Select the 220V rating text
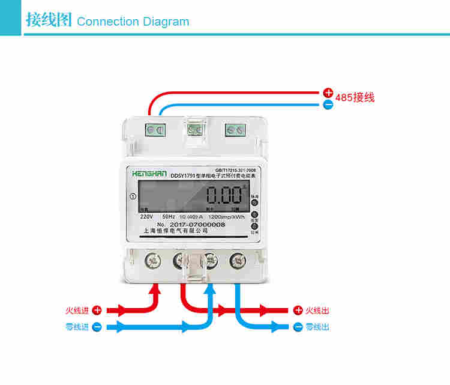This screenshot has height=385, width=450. (146, 216)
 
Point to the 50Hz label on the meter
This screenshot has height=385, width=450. (169, 216)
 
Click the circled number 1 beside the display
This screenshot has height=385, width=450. (132, 196)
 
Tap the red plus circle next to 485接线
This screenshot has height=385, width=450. (328, 93)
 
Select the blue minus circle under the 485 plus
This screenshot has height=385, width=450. (328, 105)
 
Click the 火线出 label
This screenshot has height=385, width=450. (317, 311)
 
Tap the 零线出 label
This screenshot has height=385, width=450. (317, 327)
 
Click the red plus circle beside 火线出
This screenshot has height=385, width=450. (298, 311)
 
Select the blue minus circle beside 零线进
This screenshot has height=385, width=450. (96, 327)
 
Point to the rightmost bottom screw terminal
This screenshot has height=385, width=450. (237, 260)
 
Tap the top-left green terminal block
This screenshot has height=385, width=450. (155, 129)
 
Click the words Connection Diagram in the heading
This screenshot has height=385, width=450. (133, 22)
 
